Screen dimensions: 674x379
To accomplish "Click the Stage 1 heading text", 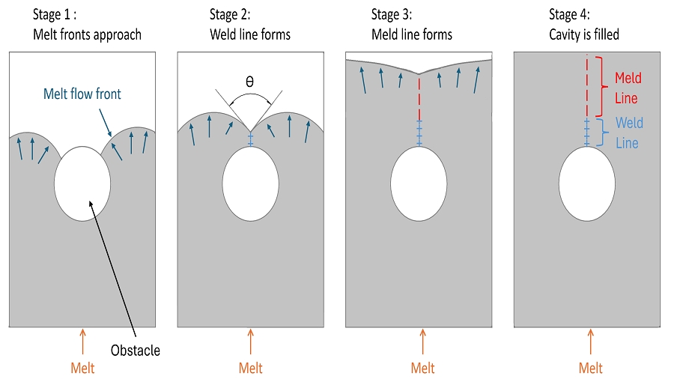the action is pos(55,15).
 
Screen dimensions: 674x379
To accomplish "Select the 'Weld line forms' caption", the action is pos(249,34).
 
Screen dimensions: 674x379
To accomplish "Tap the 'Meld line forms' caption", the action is pos(412,34).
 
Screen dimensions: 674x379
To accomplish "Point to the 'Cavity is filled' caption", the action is pos(583,34).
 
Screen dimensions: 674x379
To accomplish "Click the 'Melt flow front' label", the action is pos(82,94).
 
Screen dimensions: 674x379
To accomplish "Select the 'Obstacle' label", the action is pos(136,351).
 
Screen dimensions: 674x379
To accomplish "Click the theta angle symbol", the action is pos(249,81).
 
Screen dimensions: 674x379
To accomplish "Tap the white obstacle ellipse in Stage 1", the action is pos(82,184).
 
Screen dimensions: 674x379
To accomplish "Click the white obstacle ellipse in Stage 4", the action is pos(586,184).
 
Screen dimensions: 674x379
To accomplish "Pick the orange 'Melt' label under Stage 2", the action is pos(251,368).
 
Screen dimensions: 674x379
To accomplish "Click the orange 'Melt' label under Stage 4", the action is pos(591,368).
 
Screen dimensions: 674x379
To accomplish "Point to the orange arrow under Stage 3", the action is pos(423,342).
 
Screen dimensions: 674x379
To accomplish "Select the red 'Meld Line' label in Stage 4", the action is pos(628,88).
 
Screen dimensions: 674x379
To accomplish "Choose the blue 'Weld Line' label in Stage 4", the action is pos(629,133).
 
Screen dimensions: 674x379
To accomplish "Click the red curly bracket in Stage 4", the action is pos(602,86).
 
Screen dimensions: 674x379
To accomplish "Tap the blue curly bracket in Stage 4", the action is pos(603,133).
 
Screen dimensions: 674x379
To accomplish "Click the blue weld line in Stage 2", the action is pos(251,139).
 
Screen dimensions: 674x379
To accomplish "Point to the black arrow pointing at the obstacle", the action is pos(112,269).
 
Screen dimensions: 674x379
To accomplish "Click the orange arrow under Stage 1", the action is pos(83,342).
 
